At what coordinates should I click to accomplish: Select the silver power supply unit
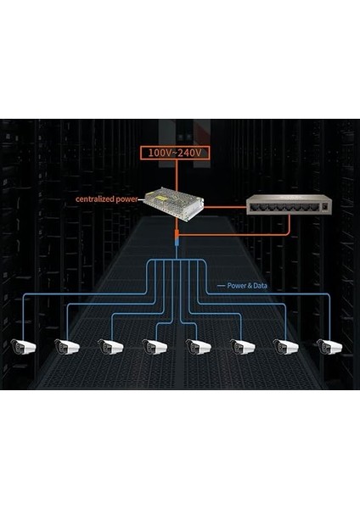pos(175,201)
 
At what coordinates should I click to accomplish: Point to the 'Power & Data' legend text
pos(247,286)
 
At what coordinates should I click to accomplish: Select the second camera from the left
pos(66,346)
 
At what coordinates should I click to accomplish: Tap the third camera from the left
pos(110,346)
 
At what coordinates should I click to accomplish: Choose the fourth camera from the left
pos(155,346)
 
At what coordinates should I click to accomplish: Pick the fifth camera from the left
pos(198,346)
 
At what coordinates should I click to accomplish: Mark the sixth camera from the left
pos(242,346)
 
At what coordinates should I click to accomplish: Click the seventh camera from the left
pos(286,346)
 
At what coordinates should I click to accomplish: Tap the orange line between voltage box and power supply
pos(176,173)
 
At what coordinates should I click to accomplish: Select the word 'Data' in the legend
pos(259,286)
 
